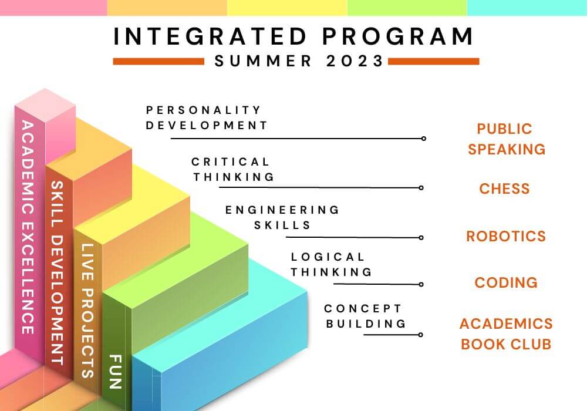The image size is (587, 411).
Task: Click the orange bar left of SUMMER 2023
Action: tap(158, 61)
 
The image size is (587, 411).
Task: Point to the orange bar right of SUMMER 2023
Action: tap(433, 61)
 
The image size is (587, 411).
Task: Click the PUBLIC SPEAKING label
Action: tap(506, 139)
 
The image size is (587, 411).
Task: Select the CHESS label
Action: tap(504, 188)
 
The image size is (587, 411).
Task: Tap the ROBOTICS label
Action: tap(505, 236)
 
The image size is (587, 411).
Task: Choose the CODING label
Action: tap(505, 282)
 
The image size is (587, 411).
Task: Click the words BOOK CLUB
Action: tap(505, 343)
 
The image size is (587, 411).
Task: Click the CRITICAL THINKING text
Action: tap(232, 169)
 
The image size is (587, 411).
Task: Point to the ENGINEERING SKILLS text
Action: tap(282, 217)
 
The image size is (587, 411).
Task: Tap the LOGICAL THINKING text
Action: tap(331, 264)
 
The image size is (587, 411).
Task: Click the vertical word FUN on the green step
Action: tap(114, 371)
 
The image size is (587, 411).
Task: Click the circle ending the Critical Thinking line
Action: tap(421, 188)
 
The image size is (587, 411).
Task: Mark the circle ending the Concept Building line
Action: tap(421, 335)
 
